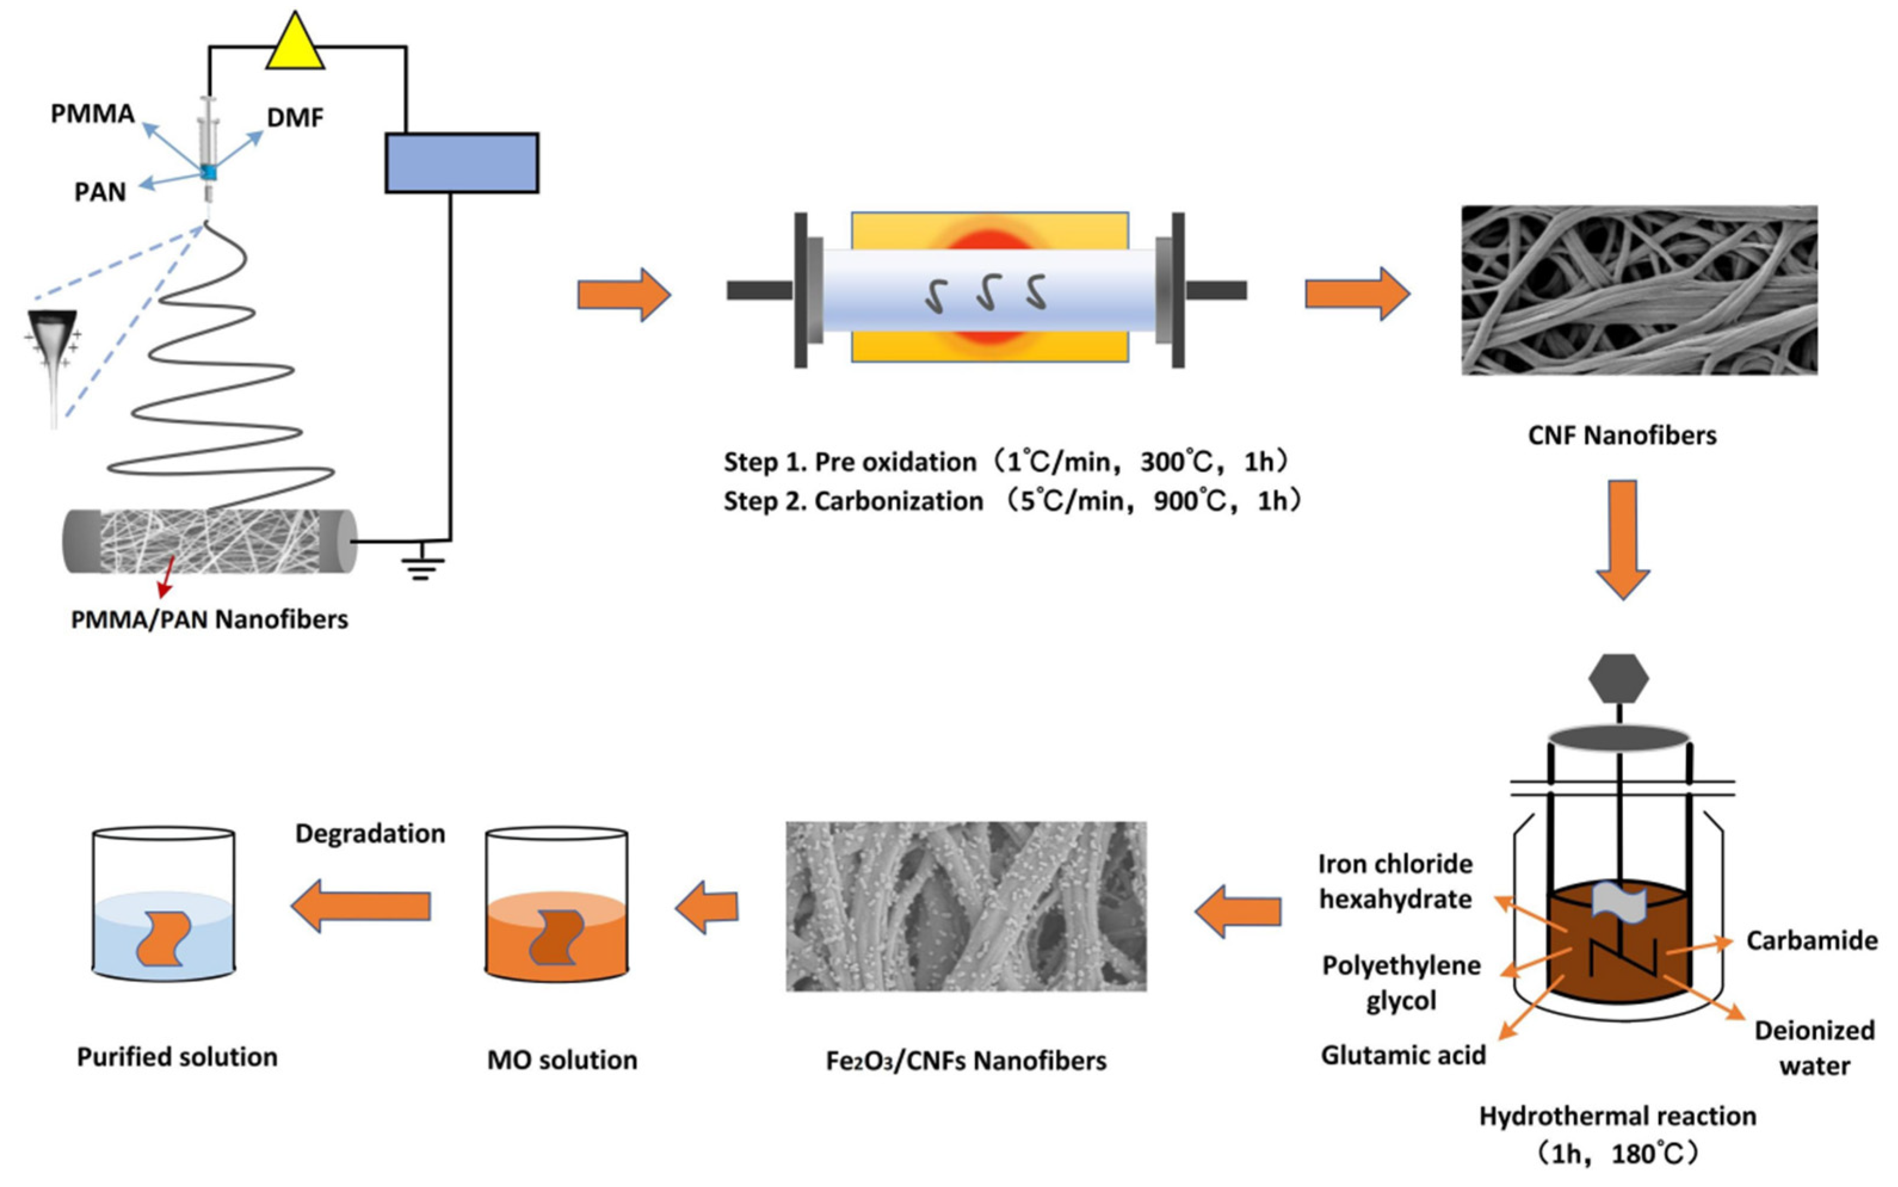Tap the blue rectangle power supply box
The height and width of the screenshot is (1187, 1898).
(462, 162)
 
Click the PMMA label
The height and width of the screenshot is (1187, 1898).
(92, 114)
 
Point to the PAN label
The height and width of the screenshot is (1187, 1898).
(100, 191)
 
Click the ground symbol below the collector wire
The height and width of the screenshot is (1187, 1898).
(422, 565)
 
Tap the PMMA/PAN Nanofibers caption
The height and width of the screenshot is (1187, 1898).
(209, 619)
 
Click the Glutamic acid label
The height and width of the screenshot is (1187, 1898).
(1403, 1055)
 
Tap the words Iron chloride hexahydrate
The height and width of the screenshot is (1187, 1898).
(1395, 882)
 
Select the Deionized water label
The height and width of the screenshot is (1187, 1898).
(1814, 1047)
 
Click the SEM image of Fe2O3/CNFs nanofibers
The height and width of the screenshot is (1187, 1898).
(966, 906)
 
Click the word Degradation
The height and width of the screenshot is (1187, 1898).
(370, 833)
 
